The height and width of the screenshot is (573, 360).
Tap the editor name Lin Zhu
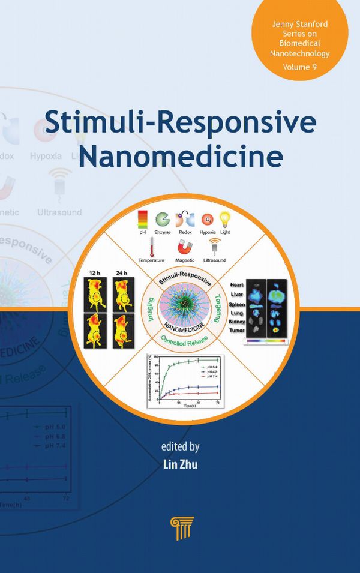click(179, 463)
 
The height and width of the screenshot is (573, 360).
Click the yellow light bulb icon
click(225, 220)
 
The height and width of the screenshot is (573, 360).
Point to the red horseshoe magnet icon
click(185, 247)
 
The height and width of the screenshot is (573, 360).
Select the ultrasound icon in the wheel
click(214, 246)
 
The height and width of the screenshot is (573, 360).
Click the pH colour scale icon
click(142, 219)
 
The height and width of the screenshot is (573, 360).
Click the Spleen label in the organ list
click(237, 304)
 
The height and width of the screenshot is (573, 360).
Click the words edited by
click(179, 446)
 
